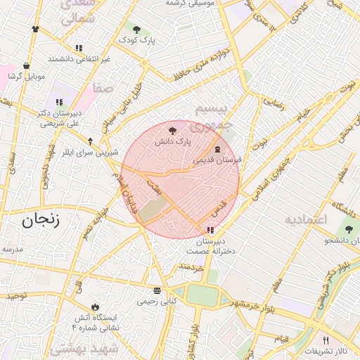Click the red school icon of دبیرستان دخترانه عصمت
point(211,230)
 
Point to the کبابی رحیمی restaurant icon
point(156,290)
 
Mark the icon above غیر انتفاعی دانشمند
point(79,48)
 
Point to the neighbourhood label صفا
point(103,89)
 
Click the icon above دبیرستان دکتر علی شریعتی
point(59,103)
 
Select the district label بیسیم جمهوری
point(211,117)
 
